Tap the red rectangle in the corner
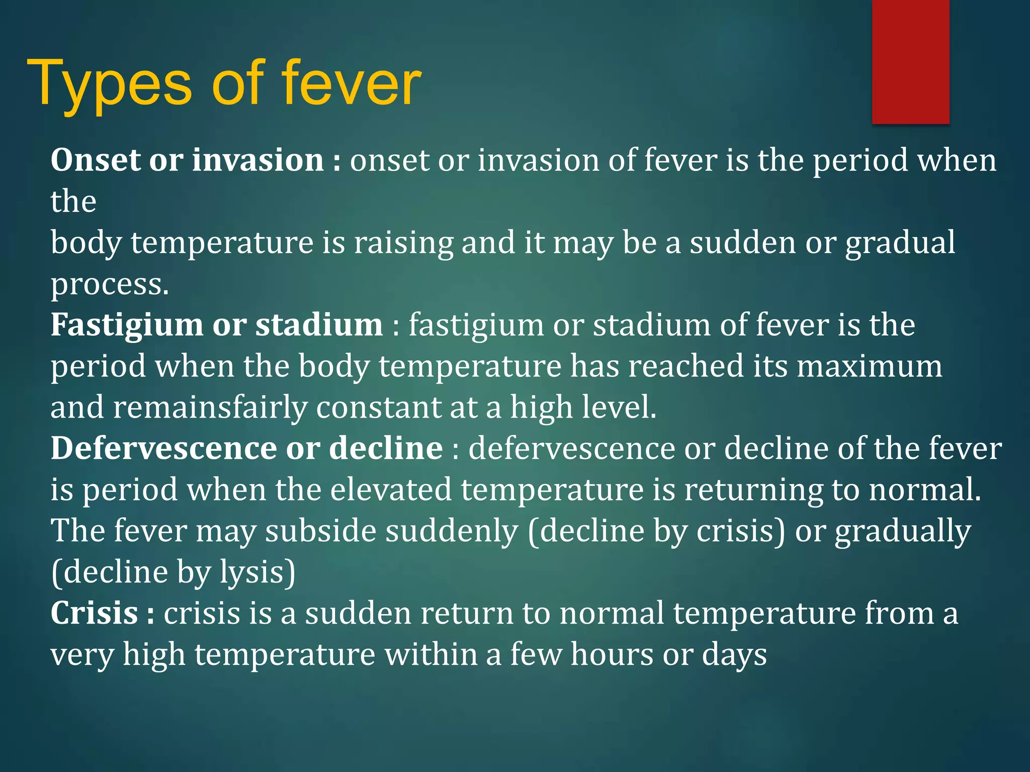tap(910, 61)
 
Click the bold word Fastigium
tap(126, 326)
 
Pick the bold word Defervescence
tap(163, 448)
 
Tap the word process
tap(109, 284)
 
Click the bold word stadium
tap(319, 325)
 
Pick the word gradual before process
tap(900, 243)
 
